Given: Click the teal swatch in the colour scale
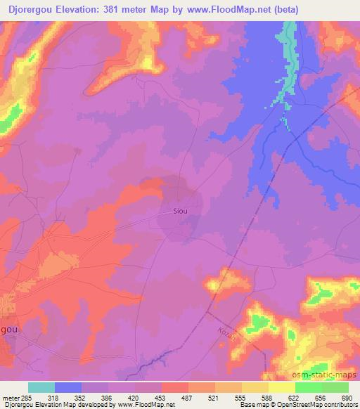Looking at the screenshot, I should (41, 387).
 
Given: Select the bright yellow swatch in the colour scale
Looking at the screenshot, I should (281, 387).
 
